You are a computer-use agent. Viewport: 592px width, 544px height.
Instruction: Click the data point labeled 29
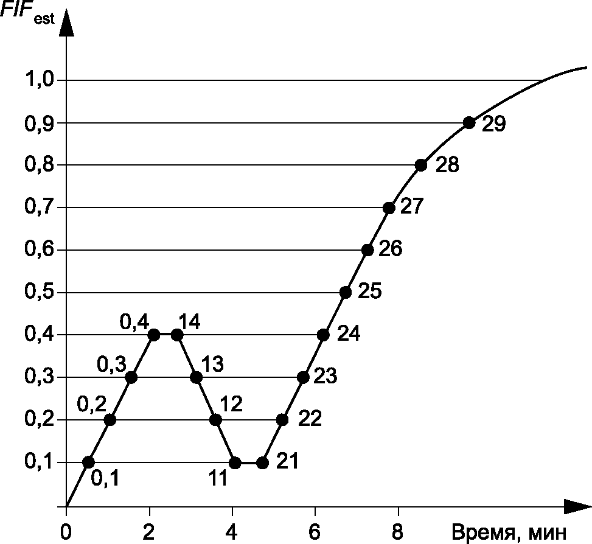[469, 123]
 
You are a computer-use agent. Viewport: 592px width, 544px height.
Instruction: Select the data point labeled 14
[177, 335]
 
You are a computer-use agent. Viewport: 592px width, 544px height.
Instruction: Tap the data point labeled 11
[235, 462]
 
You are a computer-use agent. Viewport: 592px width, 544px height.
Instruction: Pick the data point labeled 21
[262, 463]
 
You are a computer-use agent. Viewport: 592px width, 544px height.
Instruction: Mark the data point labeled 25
[346, 293]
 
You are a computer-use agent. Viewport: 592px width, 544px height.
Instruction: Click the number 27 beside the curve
[412, 206]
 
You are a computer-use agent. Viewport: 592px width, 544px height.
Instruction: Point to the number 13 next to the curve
[212, 363]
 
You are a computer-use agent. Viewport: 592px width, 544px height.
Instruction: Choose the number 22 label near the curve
[310, 418]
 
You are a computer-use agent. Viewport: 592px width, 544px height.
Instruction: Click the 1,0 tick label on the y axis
[40, 80]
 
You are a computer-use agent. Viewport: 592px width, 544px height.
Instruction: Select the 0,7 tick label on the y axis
[40, 207]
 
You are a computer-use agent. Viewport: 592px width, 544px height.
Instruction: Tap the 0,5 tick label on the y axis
[40, 292]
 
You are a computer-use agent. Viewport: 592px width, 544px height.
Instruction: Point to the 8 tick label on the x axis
[397, 532]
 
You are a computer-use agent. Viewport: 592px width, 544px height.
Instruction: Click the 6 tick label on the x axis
[315, 532]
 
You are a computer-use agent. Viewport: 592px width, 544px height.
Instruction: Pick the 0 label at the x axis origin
[66, 532]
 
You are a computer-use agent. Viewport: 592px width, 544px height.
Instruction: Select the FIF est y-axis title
[27, 13]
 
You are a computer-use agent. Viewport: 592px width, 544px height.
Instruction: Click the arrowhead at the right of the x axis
[577, 506]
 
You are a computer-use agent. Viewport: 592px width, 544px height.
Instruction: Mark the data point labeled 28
[421, 166]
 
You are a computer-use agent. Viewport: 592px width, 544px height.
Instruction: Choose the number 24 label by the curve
[349, 333]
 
